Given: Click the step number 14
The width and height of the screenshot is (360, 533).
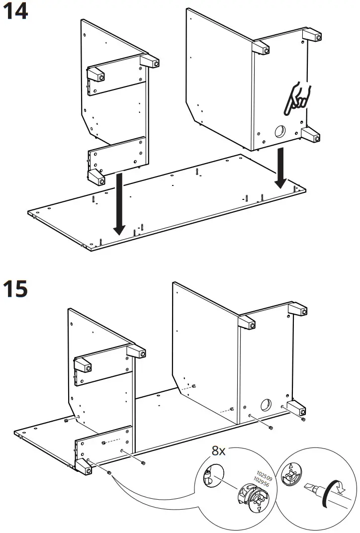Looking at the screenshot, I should coord(15,11).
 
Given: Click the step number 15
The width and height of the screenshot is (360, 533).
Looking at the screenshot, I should coord(15,289).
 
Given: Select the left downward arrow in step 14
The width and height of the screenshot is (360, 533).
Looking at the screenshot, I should coord(119,204).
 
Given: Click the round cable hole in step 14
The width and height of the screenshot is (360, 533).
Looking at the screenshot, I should coord(279,131).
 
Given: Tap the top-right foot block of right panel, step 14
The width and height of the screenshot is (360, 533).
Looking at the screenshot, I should coord(312,36).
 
